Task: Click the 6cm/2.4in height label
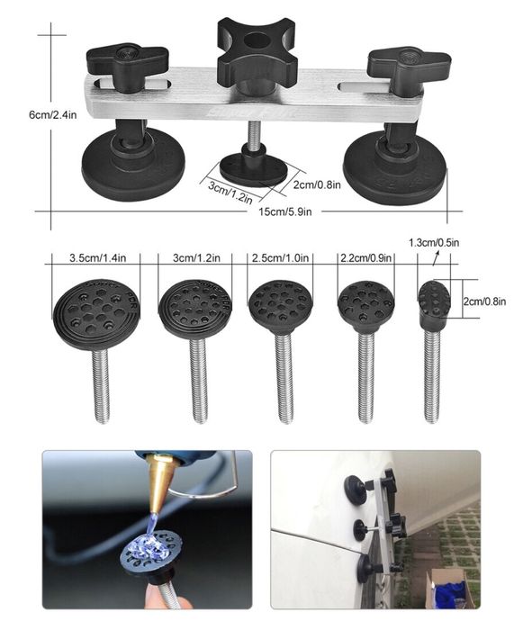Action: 53,115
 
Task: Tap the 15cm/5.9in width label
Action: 285,211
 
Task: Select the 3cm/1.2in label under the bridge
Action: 230,192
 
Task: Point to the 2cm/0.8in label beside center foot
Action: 317,184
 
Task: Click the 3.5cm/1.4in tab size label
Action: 98,258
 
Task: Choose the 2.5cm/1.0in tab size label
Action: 280,257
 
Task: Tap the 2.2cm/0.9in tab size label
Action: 365,257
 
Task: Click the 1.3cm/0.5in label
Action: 434,243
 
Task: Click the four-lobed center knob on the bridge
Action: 257,49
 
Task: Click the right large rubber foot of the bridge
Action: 394,167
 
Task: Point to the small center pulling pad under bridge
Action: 254,170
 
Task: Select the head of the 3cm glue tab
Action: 195,308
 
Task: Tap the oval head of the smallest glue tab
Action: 434,300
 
